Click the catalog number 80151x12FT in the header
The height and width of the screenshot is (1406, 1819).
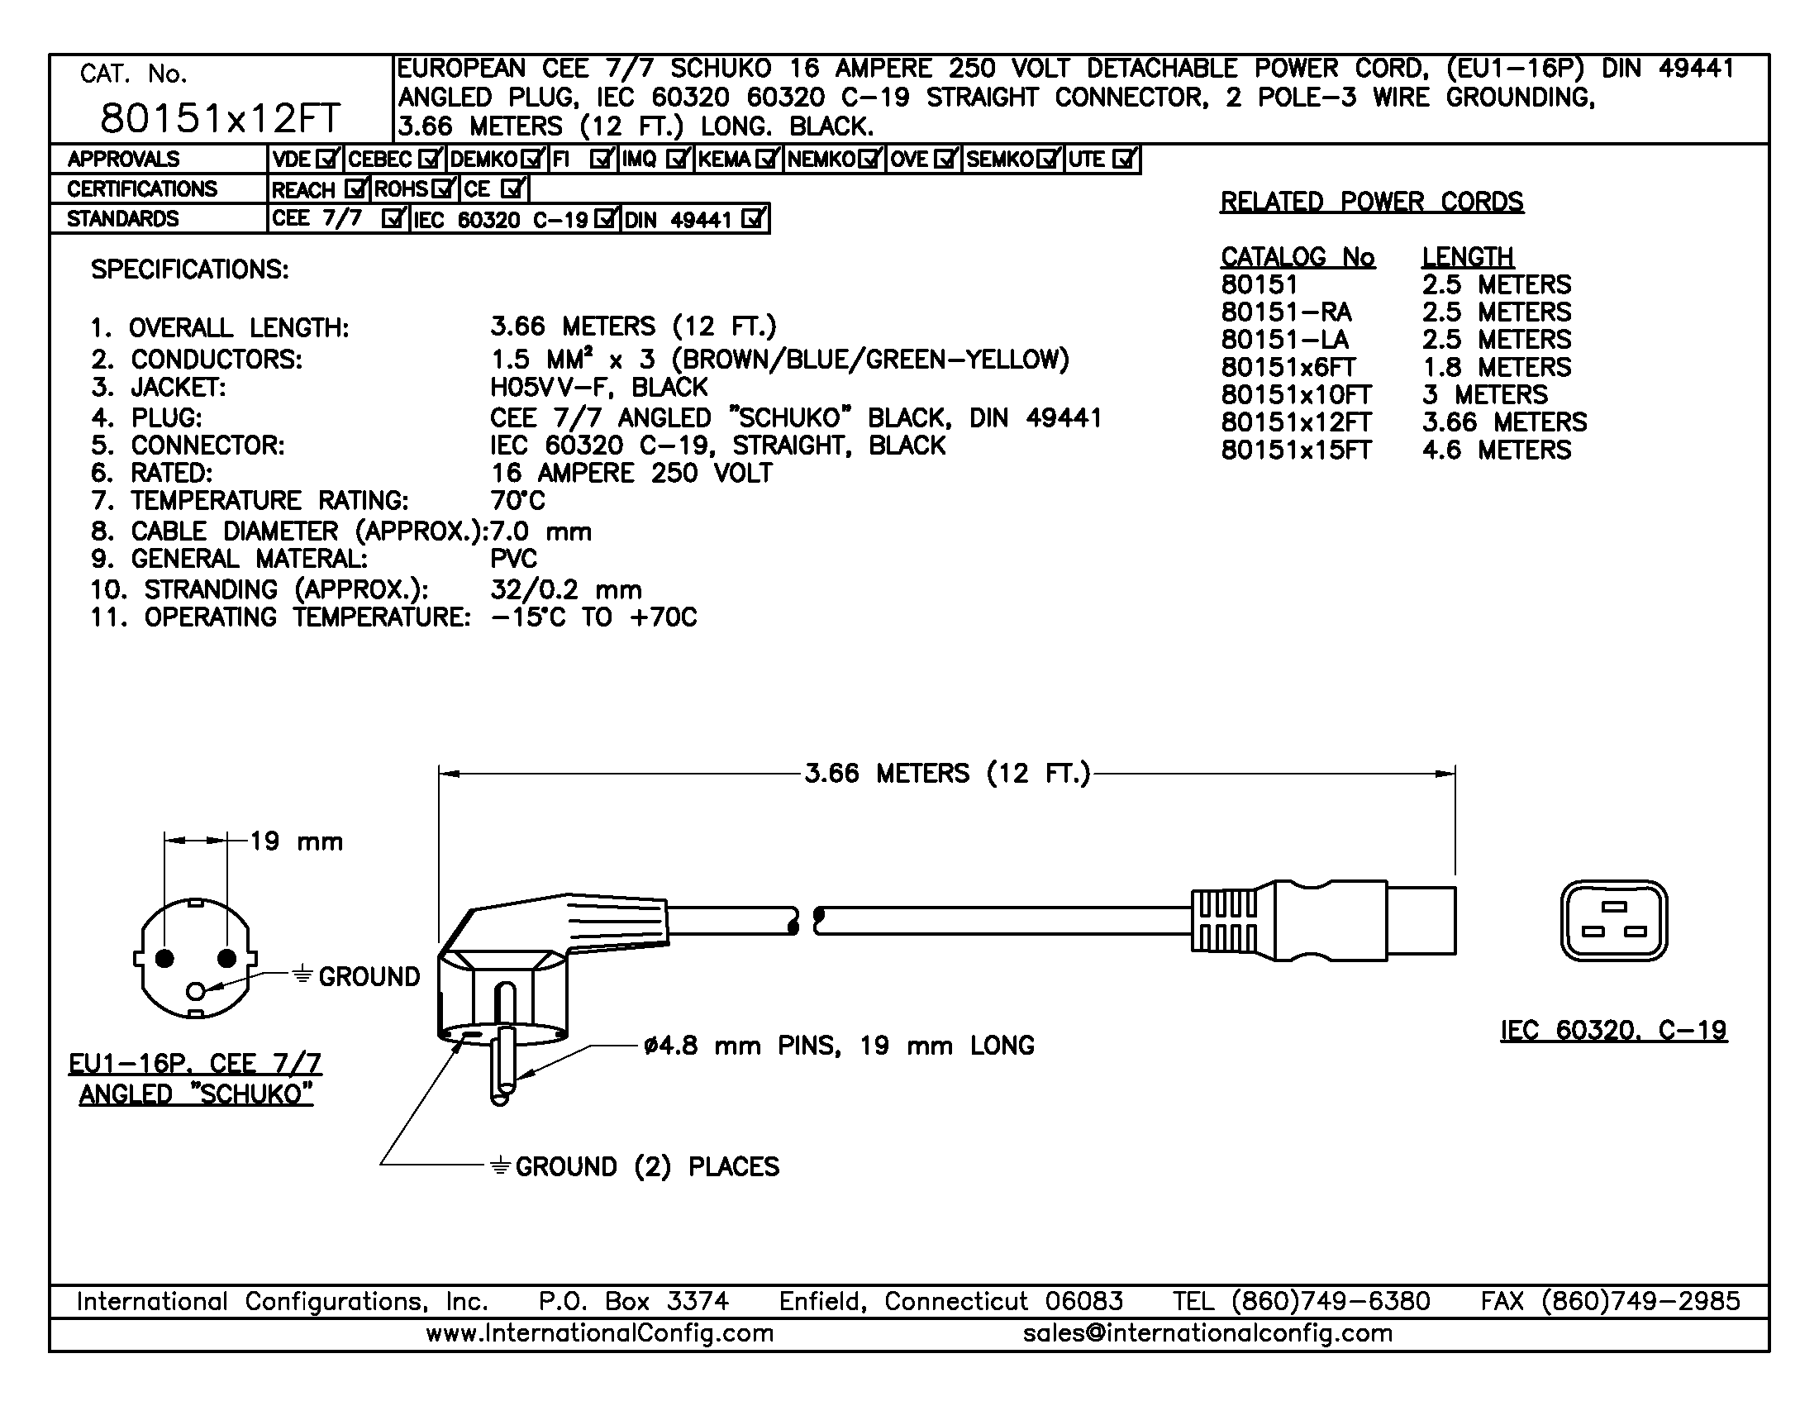pyautogui.click(x=220, y=118)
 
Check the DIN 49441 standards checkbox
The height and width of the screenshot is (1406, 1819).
pyautogui.click(x=753, y=219)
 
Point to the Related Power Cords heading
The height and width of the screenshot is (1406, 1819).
pyautogui.click(x=1372, y=202)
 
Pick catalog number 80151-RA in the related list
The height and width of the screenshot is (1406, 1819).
pyautogui.click(x=1286, y=312)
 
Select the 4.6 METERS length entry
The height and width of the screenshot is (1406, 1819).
pyautogui.click(x=1497, y=450)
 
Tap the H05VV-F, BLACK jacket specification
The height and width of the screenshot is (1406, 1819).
pyautogui.click(x=599, y=388)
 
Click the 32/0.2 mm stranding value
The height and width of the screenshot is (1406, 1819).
pyautogui.click(x=566, y=589)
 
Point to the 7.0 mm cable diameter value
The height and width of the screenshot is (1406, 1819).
pyautogui.click(x=541, y=531)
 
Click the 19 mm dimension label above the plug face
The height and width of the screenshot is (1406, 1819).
pyautogui.click(x=297, y=841)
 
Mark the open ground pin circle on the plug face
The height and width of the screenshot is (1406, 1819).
pyautogui.click(x=197, y=991)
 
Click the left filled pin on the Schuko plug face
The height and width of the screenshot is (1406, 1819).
pyautogui.click(x=165, y=959)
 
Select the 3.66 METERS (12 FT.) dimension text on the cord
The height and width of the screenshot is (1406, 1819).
pyautogui.click(x=947, y=774)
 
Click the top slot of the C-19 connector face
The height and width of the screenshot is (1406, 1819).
pyautogui.click(x=1614, y=907)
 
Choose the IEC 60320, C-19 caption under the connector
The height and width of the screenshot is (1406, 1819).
pyautogui.click(x=1613, y=1032)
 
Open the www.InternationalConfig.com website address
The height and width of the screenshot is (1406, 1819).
pyautogui.click(x=600, y=1333)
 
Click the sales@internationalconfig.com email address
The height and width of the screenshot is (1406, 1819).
pyautogui.click(x=1207, y=1333)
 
